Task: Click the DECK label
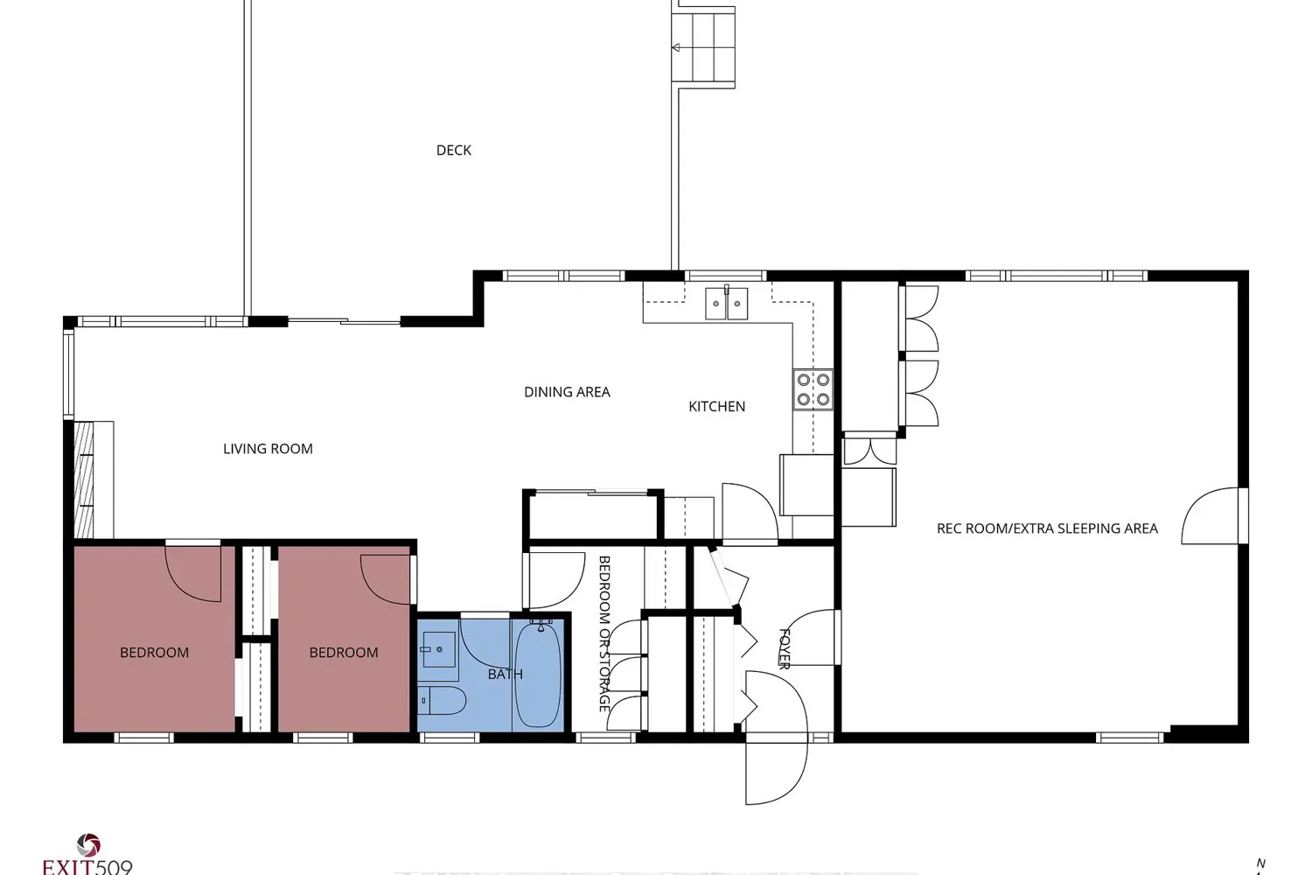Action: click(x=453, y=150)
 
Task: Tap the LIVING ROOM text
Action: click(x=268, y=449)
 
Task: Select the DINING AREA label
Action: click(x=567, y=392)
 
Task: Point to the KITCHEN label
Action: click(x=717, y=407)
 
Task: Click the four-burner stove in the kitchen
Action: click(x=813, y=389)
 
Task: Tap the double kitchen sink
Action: click(x=726, y=303)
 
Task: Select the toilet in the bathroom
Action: click(x=443, y=701)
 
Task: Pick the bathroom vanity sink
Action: click(x=439, y=649)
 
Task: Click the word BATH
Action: click(x=505, y=675)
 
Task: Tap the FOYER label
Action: click(x=785, y=648)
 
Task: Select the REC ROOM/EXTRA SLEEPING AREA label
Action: click(x=1047, y=528)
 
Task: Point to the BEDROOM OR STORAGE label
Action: click(x=604, y=633)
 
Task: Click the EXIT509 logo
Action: click(x=87, y=855)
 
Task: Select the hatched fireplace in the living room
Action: click(x=84, y=479)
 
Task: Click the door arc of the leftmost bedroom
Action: click(x=193, y=574)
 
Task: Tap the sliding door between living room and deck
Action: click(x=344, y=321)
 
